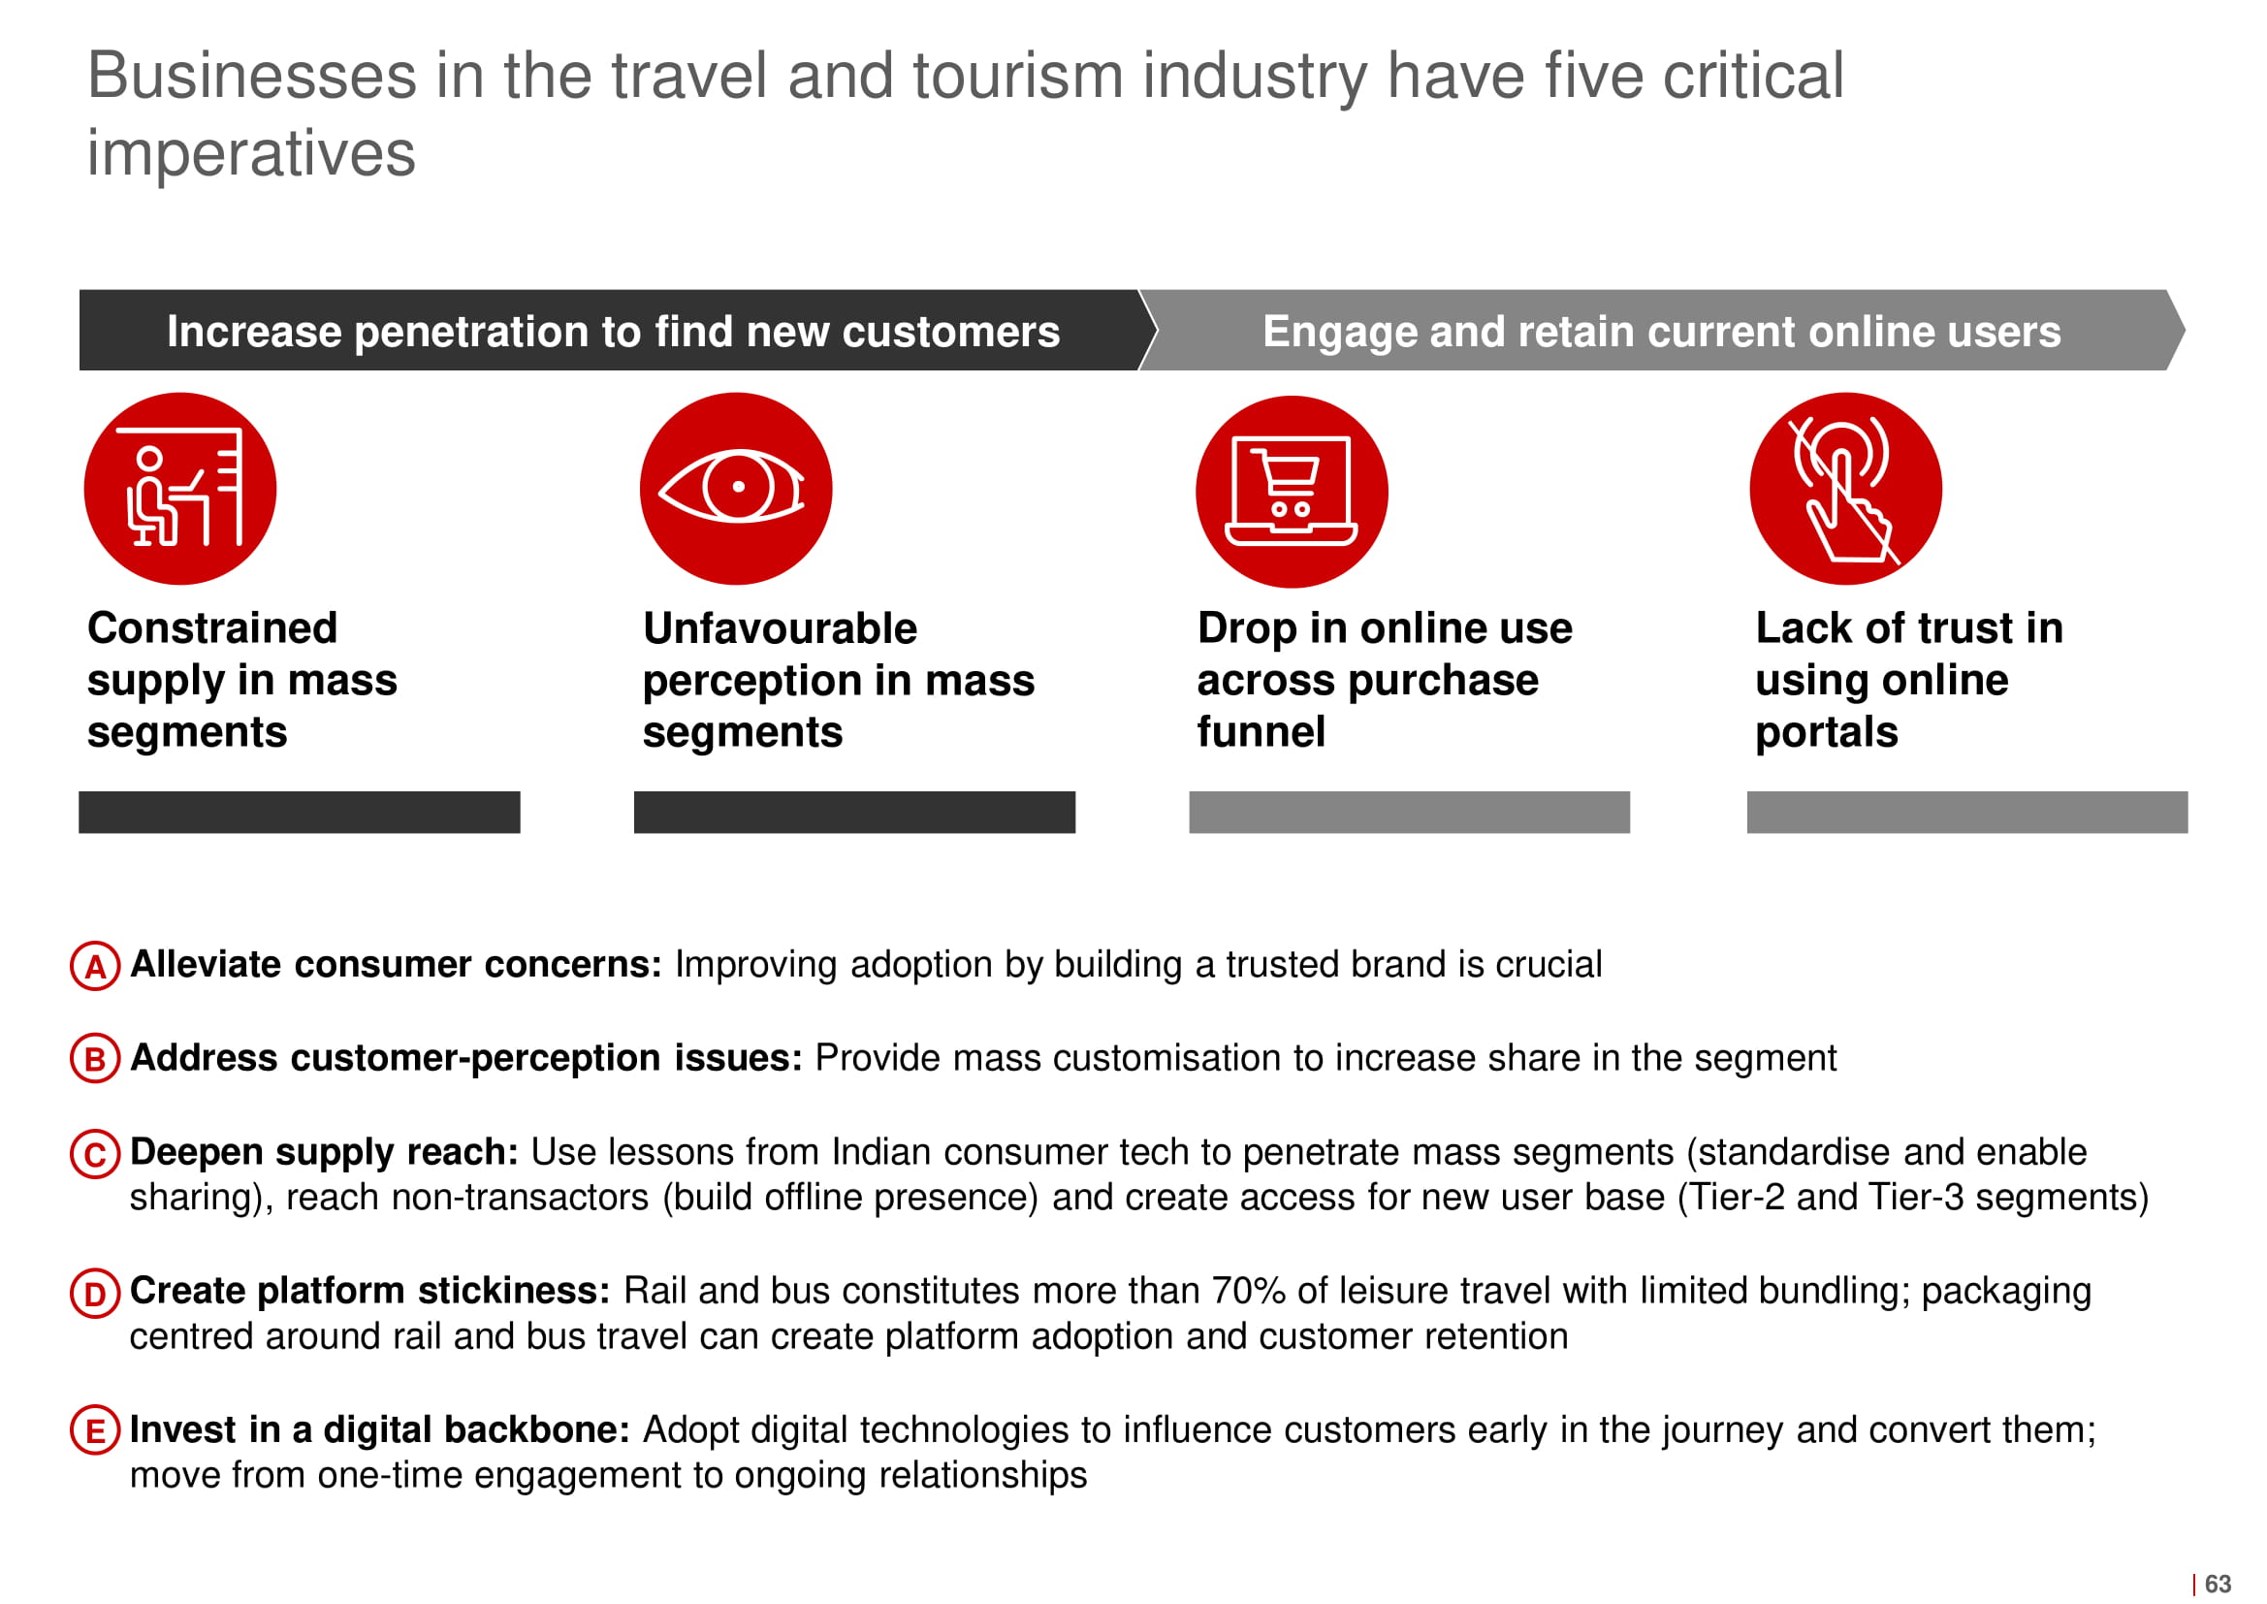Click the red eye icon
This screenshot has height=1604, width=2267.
pyautogui.click(x=736, y=488)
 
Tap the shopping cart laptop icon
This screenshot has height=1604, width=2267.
pyautogui.click(x=1292, y=491)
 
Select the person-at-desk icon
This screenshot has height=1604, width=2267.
pyautogui.click(x=179, y=488)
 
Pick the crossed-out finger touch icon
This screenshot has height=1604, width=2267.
pyautogui.click(x=1845, y=488)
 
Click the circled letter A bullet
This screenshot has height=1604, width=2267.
pyautogui.click(x=96, y=966)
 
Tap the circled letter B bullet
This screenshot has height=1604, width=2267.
pyautogui.click(x=96, y=1059)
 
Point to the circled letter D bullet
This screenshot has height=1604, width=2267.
pyautogui.click(x=96, y=1293)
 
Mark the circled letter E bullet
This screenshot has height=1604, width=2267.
pyautogui.click(x=96, y=1431)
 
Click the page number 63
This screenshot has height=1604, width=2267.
pyautogui.click(x=2218, y=1584)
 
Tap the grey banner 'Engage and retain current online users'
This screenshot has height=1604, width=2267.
pyautogui.click(x=1662, y=330)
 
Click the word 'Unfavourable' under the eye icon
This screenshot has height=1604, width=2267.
pyautogui.click(x=780, y=628)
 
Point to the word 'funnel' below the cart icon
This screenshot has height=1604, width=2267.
pyautogui.click(x=1261, y=732)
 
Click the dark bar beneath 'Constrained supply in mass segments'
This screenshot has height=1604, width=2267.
pyautogui.click(x=300, y=812)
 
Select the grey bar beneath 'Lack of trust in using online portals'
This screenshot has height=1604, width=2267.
pyautogui.click(x=1966, y=812)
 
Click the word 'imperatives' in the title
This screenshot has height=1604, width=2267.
pyautogui.click(x=252, y=153)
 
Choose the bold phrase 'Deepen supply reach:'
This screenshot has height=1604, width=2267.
pyautogui.click(x=324, y=1153)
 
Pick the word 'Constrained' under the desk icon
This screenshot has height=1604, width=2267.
pyautogui.click(x=212, y=628)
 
